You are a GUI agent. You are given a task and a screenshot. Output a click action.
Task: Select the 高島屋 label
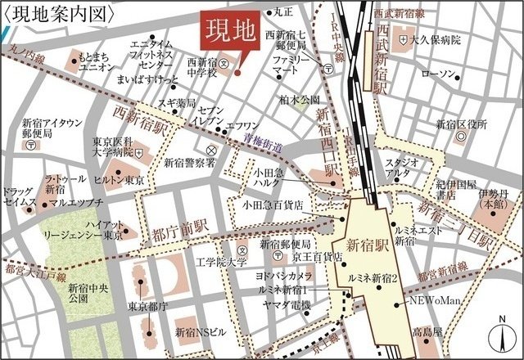(427, 333)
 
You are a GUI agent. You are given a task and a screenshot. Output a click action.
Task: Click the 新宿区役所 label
(461, 124)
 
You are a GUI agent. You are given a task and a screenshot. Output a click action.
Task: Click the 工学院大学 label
(221, 263)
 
